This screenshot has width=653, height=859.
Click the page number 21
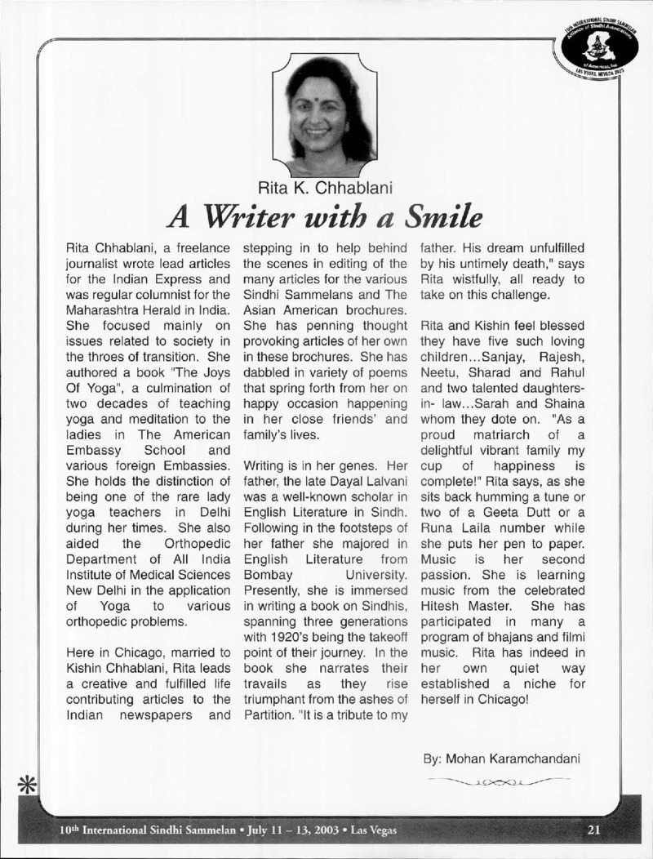(x=593, y=831)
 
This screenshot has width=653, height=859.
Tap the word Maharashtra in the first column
(x=96, y=288)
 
